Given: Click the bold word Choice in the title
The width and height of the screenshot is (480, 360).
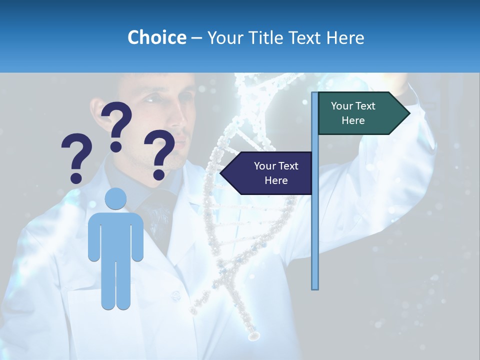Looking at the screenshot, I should tap(156, 37).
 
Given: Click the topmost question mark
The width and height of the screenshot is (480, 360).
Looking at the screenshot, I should tap(117, 125).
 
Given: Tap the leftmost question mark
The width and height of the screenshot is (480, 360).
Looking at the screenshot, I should tap(76, 157).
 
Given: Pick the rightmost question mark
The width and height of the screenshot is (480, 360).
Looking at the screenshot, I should tap(159, 153).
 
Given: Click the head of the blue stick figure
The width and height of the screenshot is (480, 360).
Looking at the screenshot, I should tap(115, 198).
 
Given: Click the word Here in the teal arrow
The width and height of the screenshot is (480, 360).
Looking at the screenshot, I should tap(353, 120).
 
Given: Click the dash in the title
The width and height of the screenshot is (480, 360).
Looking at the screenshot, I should tap(196, 38).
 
